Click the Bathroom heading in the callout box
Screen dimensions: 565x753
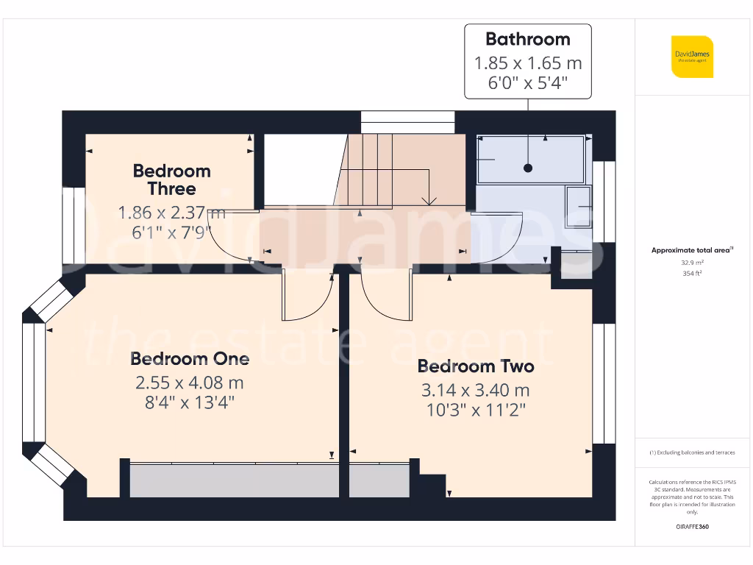tap(527, 39)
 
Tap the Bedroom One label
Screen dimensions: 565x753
tap(190, 359)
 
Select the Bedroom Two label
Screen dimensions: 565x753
tap(475, 366)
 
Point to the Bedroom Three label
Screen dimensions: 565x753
tap(171, 180)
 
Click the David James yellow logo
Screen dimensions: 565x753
tap(691, 57)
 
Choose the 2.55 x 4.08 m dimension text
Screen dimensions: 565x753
tap(189, 383)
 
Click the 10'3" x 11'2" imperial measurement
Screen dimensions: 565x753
tap(475, 410)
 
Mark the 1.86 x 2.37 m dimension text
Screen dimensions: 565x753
tap(171, 213)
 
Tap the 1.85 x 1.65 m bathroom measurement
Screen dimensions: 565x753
tap(527, 64)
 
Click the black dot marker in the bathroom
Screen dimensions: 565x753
tap(528, 168)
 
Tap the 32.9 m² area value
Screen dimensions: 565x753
tap(691, 262)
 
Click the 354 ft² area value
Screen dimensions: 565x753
tap(691, 273)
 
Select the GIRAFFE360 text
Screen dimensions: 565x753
tap(691, 527)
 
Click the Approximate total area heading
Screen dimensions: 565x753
tap(691, 250)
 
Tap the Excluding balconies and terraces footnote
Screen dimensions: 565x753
tap(691, 452)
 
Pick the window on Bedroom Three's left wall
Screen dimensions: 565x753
tap(73, 224)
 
